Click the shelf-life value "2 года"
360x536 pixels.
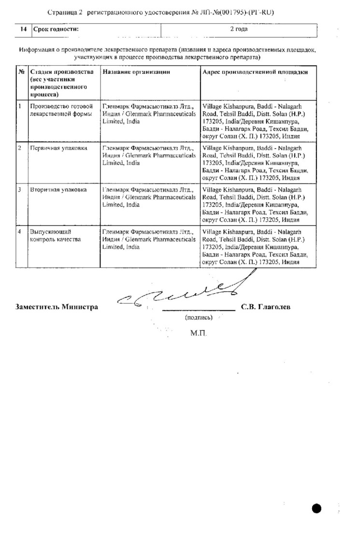tap(239, 29)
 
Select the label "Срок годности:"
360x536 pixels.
tap(55, 29)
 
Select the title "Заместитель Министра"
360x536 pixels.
tap(57, 307)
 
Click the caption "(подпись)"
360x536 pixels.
tap(198, 318)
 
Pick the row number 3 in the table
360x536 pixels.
tap(19, 190)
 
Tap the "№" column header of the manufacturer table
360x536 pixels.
tap(21, 72)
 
